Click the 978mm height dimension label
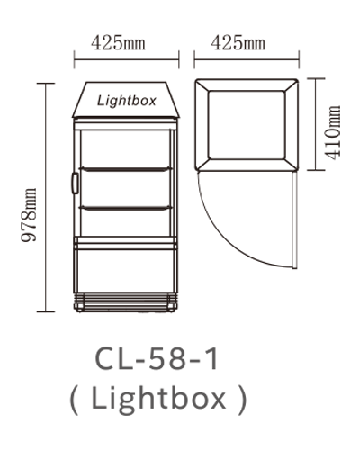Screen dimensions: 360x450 click(x=29, y=215)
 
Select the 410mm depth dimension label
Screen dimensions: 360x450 click(x=334, y=132)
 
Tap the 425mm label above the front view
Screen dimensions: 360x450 click(x=119, y=43)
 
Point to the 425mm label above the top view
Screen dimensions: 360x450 click(x=238, y=43)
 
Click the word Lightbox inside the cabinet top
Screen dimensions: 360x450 click(x=127, y=101)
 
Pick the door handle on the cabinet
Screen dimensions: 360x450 click(x=75, y=183)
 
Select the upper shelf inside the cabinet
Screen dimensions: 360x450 click(x=125, y=169)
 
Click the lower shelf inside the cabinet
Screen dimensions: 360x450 click(x=125, y=208)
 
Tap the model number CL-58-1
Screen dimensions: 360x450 click(x=157, y=359)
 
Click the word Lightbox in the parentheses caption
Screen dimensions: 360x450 click(x=158, y=399)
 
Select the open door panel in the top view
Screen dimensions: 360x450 click(x=295, y=220)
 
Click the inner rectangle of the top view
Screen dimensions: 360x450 click(x=247, y=125)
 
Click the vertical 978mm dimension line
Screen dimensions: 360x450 click(x=46, y=198)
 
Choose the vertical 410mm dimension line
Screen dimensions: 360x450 click(x=316, y=124)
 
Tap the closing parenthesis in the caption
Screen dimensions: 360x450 click(x=242, y=400)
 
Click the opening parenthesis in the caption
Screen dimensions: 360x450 click(x=74, y=400)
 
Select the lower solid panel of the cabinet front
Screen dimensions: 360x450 click(x=125, y=271)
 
